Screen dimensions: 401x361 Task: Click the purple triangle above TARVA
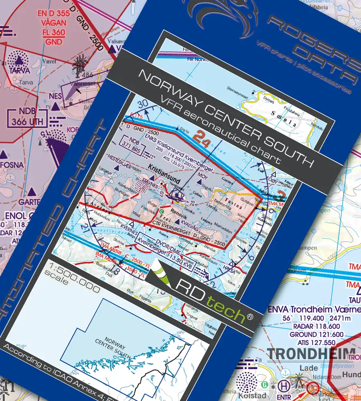[x=18, y=61]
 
